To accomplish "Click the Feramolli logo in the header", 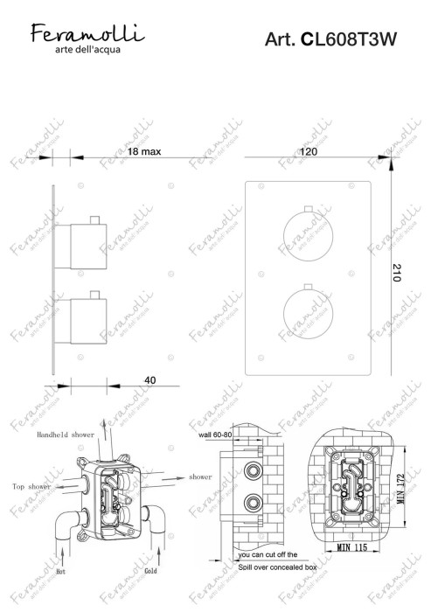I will click(82, 34).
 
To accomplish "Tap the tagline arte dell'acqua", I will click(82, 49).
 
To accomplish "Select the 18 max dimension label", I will click(144, 151).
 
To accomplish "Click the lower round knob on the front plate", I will click(308, 316).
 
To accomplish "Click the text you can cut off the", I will click(268, 554).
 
